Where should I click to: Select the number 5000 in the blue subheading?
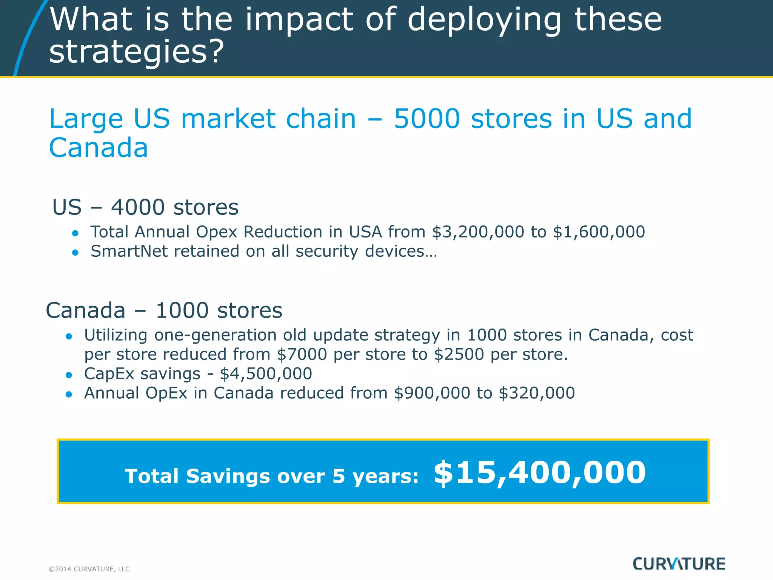pos(427,119)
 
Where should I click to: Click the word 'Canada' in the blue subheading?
pos(99,148)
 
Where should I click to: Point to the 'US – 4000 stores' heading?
pos(145,207)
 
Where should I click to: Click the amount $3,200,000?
pos(478,232)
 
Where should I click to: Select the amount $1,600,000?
pos(599,232)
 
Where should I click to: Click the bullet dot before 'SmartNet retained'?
pos(75,253)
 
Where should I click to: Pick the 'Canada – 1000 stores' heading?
pos(164,310)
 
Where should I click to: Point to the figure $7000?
pos(302,355)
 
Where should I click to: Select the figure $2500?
pos(459,355)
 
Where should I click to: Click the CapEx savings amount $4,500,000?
pos(266,374)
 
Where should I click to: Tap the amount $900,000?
pos(432,393)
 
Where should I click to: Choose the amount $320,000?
pos(536,393)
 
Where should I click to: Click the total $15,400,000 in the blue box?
pos(539,473)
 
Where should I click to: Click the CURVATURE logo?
pos(679,564)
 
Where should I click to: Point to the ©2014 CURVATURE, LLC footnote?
pos(89,569)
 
